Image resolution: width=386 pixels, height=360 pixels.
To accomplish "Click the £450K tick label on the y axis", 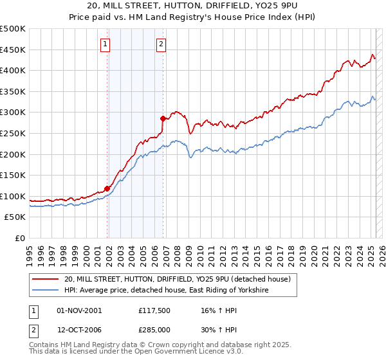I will tap(13, 50).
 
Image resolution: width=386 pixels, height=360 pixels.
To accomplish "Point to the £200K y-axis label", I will tap(13, 154).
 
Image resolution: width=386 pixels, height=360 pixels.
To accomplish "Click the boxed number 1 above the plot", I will tap(105, 44).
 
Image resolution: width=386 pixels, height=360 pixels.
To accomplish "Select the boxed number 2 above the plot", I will tap(160, 44).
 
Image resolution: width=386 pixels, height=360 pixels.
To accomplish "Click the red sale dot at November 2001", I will tap(107, 188).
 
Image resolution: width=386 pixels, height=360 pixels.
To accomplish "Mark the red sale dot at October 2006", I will tap(163, 118).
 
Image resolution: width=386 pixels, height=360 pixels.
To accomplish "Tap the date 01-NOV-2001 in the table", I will tap(78, 310).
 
